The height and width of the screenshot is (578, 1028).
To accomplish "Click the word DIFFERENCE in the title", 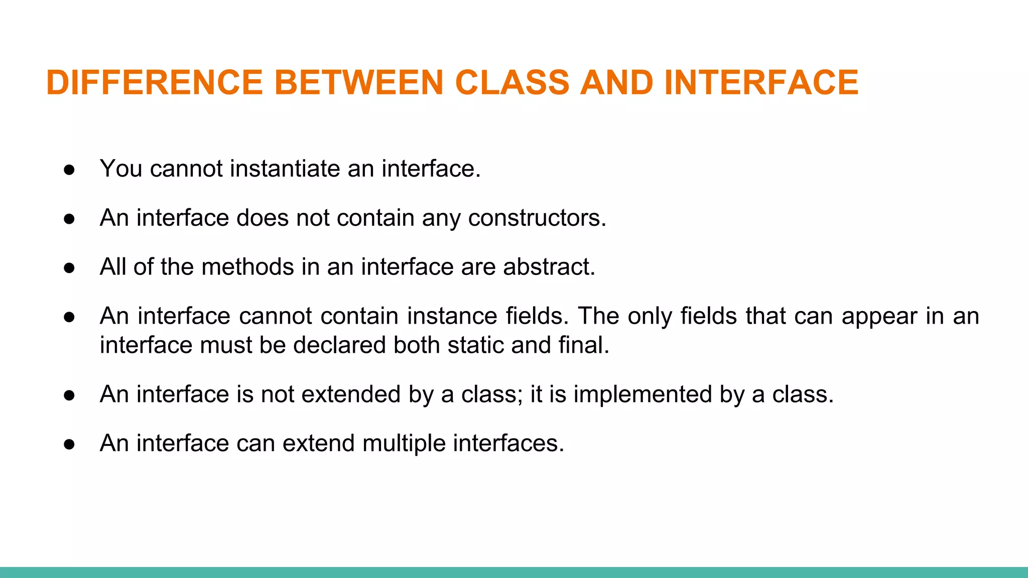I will coord(154,82).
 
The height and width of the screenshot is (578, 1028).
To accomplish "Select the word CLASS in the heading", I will coord(512,82).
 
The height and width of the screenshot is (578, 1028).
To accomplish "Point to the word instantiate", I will coord(285,169).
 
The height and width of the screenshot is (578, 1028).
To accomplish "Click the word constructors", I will coord(537,218).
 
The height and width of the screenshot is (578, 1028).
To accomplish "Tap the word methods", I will coord(247,267).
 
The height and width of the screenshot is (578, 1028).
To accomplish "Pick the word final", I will coord(584,345).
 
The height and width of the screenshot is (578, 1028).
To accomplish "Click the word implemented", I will coord(642,394).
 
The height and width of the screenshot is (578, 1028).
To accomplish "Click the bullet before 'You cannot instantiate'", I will coord(69,170).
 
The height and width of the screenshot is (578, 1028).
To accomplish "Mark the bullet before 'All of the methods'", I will coord(69,268).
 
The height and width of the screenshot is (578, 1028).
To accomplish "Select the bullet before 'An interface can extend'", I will coord(69,445).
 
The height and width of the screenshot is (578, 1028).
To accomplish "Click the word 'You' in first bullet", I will coord(120,169).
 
